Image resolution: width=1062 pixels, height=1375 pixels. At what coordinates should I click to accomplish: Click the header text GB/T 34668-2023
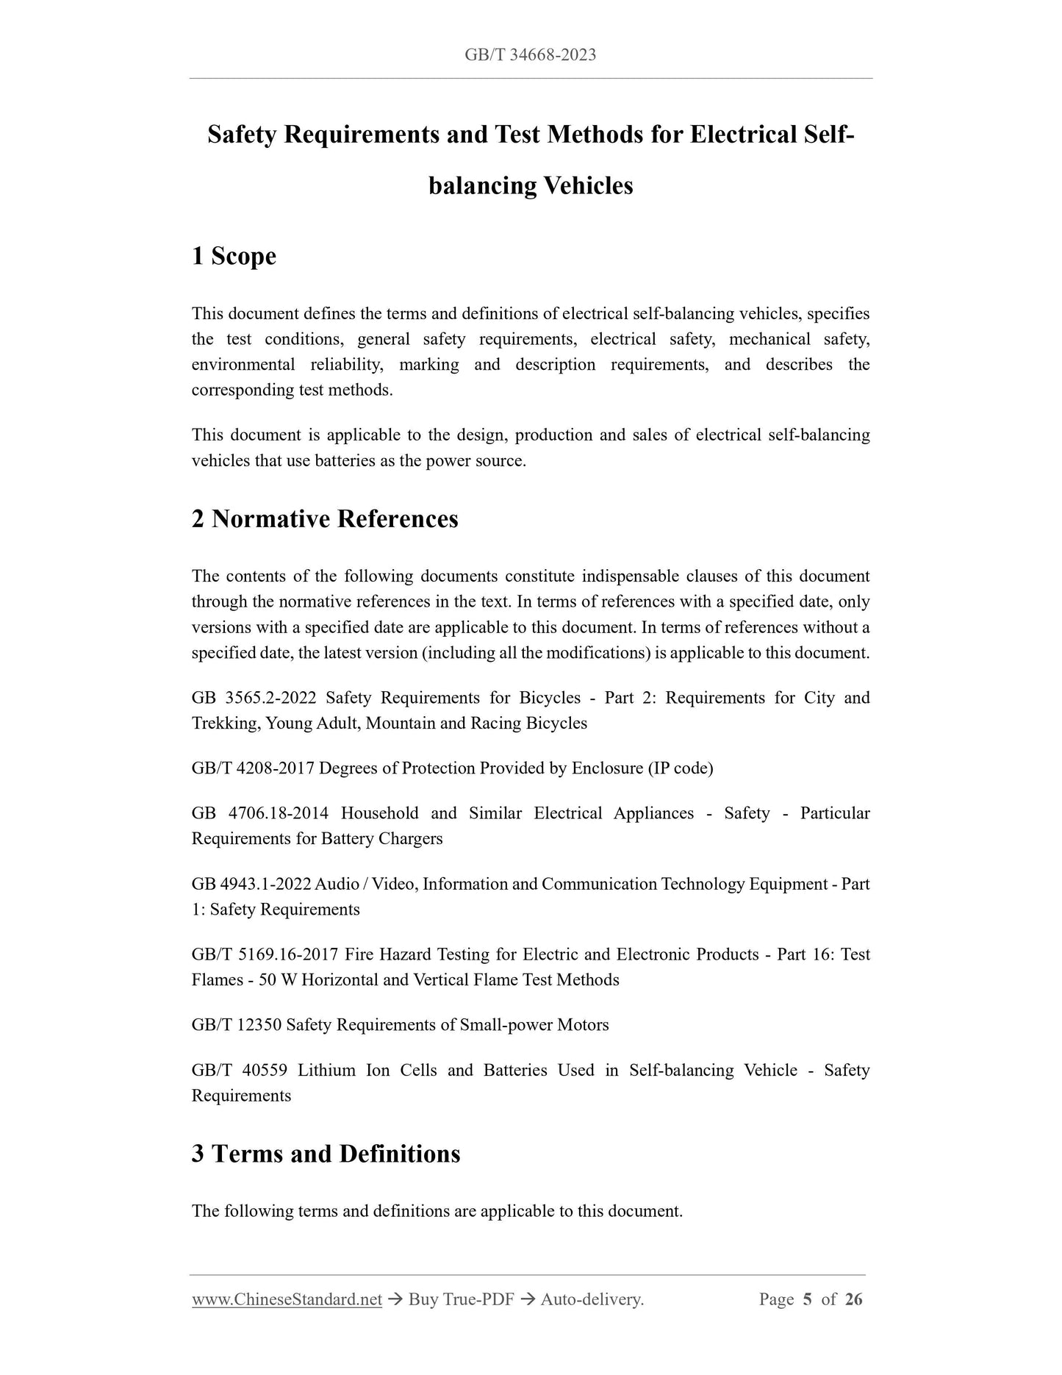pos(530,54)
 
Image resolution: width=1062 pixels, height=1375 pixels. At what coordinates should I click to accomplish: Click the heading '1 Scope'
pos(234,256)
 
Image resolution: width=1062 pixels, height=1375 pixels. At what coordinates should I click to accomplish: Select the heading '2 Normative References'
pos(324,519)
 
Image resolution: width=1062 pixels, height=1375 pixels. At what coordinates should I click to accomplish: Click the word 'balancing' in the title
pos(482,185)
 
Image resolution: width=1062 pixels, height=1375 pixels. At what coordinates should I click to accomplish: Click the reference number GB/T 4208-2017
pos(253,768)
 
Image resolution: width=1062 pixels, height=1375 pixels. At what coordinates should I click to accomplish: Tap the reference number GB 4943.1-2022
pos(251,884)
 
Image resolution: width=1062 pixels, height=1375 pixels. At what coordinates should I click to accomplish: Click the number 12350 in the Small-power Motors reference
pos(259,1025)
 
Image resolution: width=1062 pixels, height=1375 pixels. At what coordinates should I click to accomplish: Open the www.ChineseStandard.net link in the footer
pos(287,1300)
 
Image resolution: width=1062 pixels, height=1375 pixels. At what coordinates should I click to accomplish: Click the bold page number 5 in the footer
pos(807,1300)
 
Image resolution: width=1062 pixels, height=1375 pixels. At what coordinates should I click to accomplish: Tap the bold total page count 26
pos(853,1300)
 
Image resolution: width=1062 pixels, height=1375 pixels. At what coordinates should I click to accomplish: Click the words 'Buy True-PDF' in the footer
pos(461,1300)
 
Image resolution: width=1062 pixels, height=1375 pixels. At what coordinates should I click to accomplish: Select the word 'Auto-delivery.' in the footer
pos(592,1300)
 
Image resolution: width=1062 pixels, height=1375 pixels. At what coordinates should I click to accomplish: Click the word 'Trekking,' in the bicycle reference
pos(226,724)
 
